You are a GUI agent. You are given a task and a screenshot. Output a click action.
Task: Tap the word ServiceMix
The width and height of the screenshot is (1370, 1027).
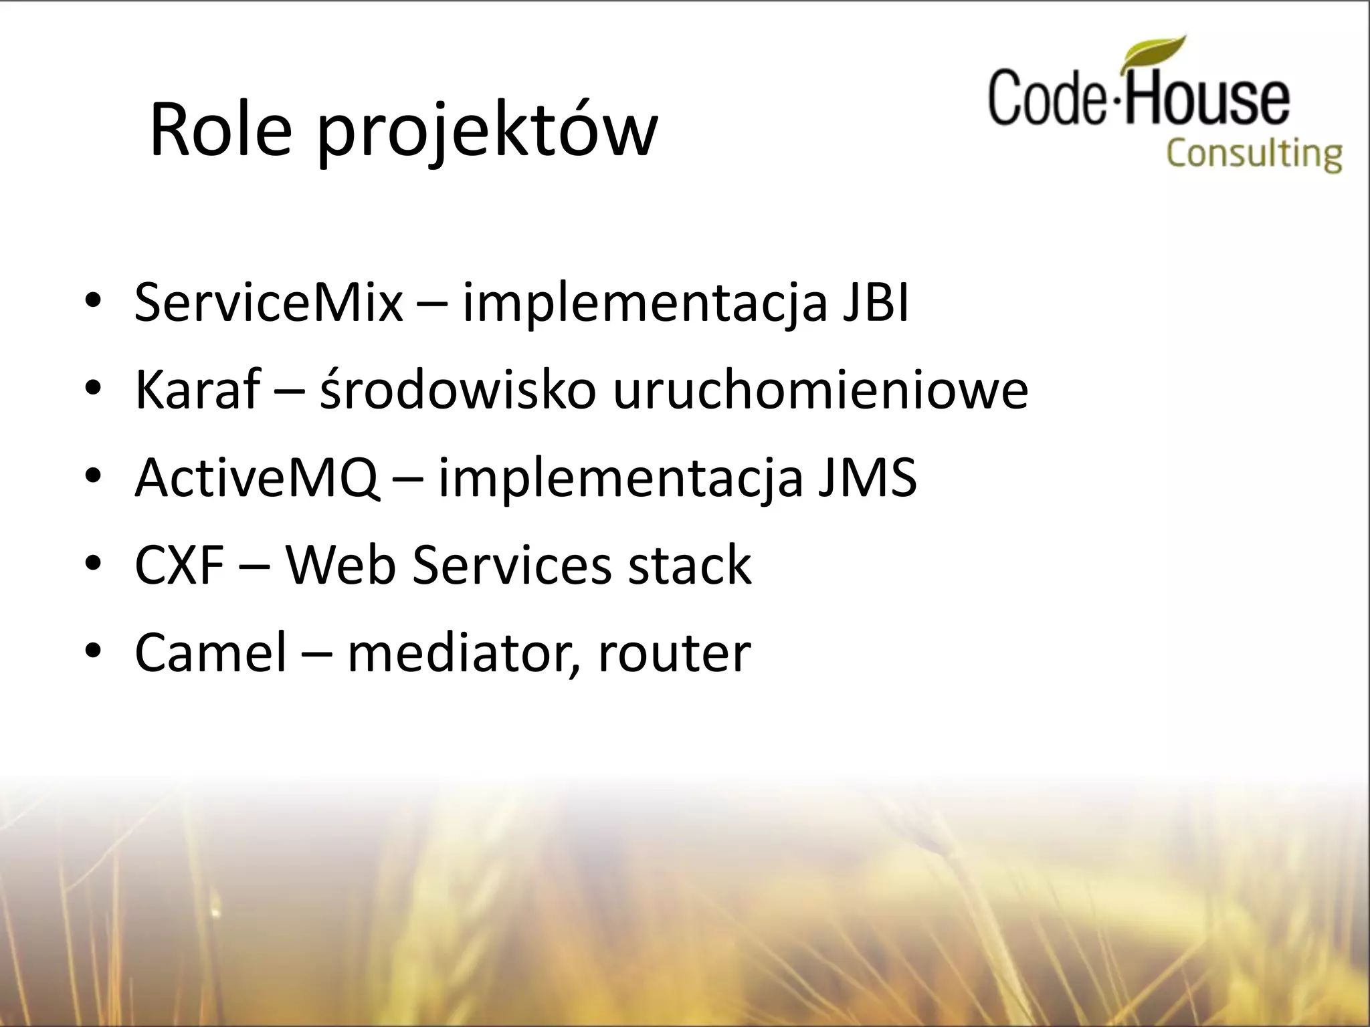(268, 303)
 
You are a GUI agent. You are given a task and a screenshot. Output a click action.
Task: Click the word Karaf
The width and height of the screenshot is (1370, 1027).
(197, 390)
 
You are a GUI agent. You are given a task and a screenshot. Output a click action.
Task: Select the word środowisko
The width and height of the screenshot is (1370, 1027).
(458, 390)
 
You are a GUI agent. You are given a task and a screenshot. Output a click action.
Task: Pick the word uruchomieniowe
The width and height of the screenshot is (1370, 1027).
(820, 390)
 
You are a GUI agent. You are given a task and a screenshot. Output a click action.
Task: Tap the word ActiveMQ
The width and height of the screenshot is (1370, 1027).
(256, 478)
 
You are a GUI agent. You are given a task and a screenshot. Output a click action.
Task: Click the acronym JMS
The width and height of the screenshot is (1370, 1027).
(867, 478)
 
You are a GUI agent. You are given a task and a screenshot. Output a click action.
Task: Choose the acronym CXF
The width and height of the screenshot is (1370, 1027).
(179, 566)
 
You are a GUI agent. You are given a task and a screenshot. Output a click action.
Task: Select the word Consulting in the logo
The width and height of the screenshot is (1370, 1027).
(1254, 154)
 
